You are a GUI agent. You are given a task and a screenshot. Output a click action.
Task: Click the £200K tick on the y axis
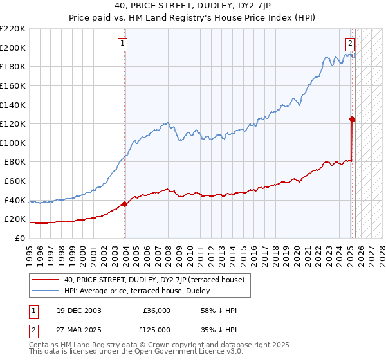13,48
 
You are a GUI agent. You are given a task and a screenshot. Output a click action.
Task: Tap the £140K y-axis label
13,105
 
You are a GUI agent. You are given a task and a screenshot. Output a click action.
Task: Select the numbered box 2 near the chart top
350,44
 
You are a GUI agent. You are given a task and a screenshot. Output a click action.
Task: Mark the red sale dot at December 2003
125,204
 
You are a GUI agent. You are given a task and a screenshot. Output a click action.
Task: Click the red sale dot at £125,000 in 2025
353,119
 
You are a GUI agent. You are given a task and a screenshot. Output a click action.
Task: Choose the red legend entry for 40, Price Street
154,280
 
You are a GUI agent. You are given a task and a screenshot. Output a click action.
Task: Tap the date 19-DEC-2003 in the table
73,310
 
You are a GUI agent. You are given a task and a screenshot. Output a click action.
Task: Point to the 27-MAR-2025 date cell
73,330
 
